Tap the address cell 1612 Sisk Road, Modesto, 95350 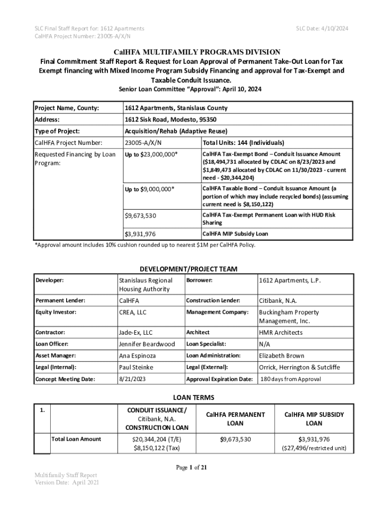click(x=170, y=120)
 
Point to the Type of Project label click(x=57, y=131)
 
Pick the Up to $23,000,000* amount click(x=151, y=154)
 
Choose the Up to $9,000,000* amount click(x=149, y=189)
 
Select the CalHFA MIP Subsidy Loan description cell click(x=235, y=234)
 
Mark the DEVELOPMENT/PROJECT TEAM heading click(x=191, y=269)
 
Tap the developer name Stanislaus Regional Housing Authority click(x=145, y=285)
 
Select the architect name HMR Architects click(x=281, y=333)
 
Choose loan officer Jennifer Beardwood click(x=147, y=344)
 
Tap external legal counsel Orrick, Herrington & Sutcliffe click(x=299, y=368)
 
